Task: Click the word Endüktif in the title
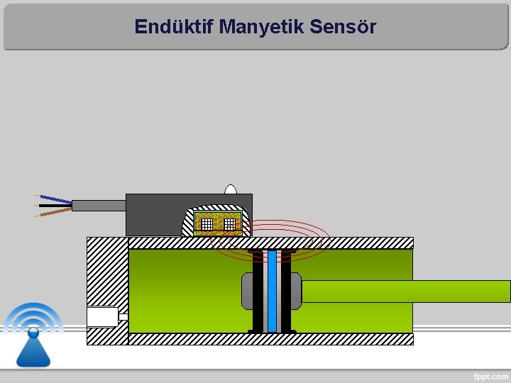(x=174, y=27)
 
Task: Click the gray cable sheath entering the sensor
(x=99, y=206)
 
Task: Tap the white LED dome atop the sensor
(x=231, y=189)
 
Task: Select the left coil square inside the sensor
(x=206, y=224)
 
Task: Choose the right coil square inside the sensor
(x=229, y=224)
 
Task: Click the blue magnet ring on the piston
(x=272, y=291)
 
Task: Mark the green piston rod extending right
(x=405, y=292)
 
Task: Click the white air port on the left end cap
(x=102, y=316)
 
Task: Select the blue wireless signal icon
(x=33, y=333)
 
